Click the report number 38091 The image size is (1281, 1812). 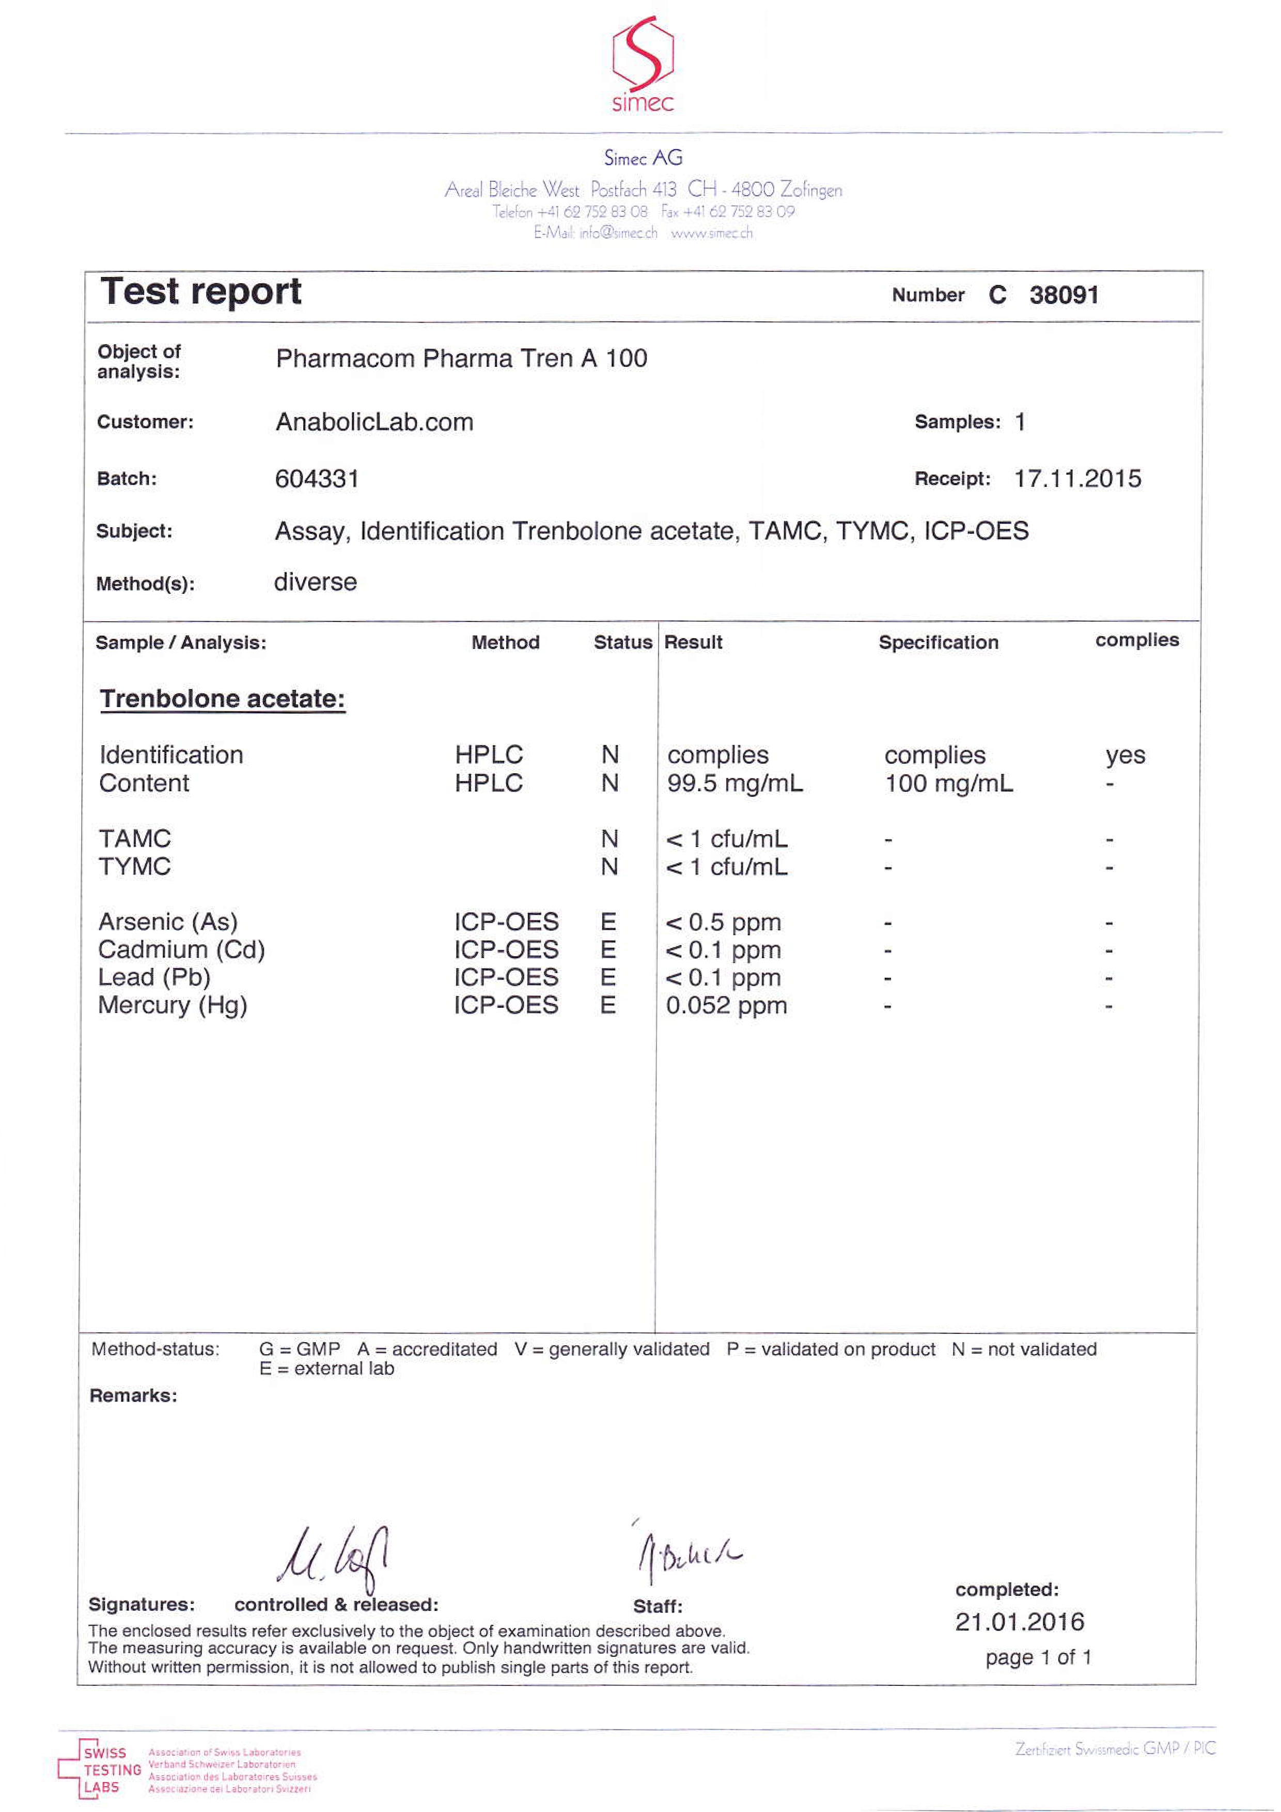(1064, 295)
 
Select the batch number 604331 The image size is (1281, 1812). (317, 479)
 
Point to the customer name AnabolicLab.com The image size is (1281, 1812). (374, 422)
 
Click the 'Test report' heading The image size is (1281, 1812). (200, 291)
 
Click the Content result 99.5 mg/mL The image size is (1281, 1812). (735, 784)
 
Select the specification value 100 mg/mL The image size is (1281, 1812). (948, 784)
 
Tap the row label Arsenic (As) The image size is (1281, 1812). (168, 922)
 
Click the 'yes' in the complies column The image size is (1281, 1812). (1125, 755)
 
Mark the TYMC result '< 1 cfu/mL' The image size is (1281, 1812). (726, 867)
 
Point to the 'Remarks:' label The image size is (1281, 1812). (133, 1395)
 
